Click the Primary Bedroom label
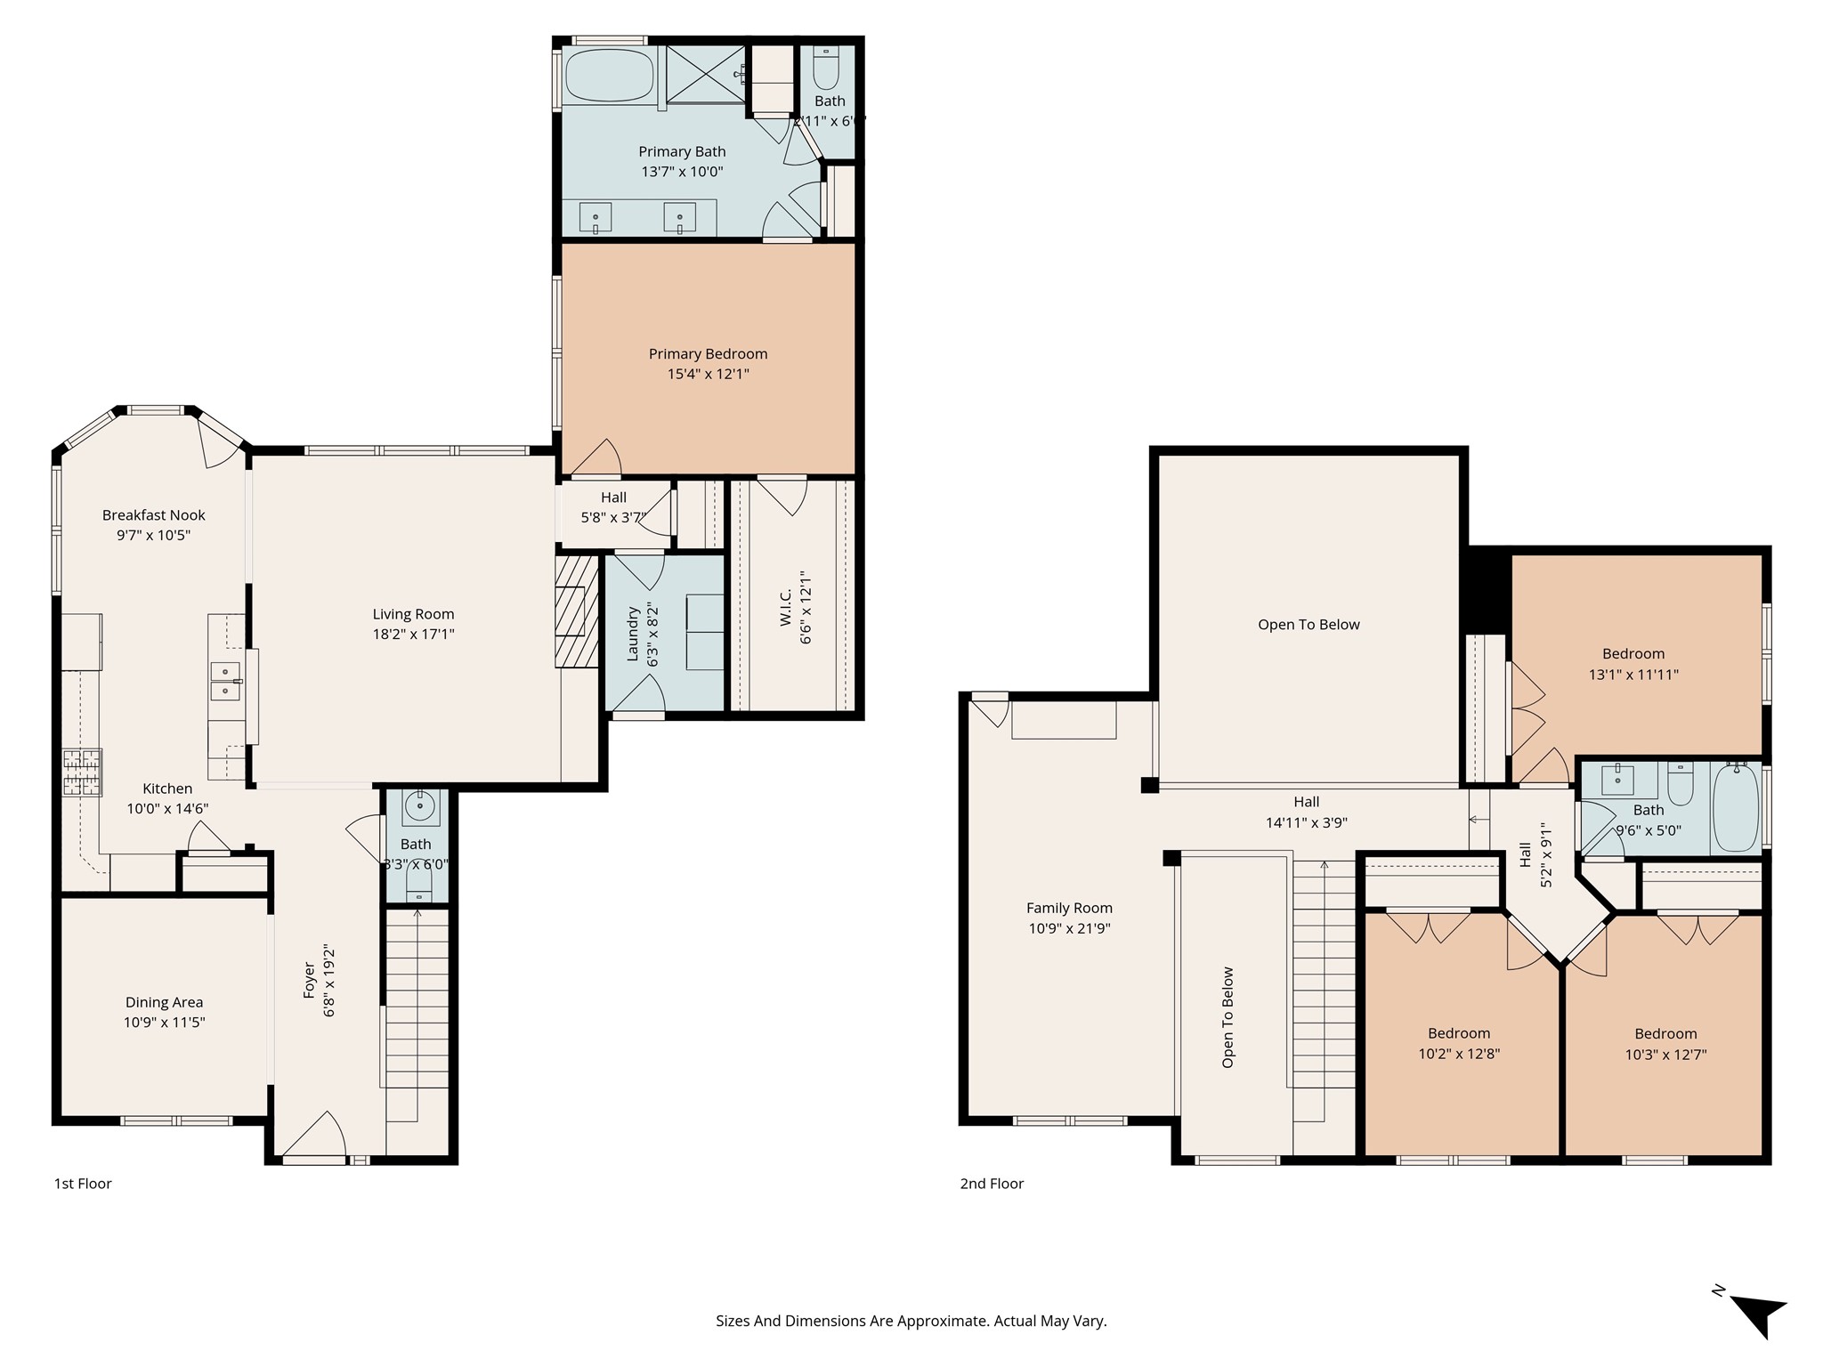[708, 354]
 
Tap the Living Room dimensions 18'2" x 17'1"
[413, 635]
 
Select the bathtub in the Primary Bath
[610, 76]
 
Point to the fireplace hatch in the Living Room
[577, 612]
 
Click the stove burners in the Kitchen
[82, 772]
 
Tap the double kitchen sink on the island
[227, 681]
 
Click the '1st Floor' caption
[83, 1184]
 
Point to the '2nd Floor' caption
[992, 1184]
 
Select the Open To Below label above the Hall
[1309, 625]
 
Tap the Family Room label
[1069, 909]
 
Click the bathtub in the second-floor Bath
[1735, 807]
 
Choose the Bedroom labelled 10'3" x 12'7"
[1665, 1044]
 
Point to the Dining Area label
[164, 1003]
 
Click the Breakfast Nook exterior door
[219, 441]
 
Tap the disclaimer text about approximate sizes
[911, 1322]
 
